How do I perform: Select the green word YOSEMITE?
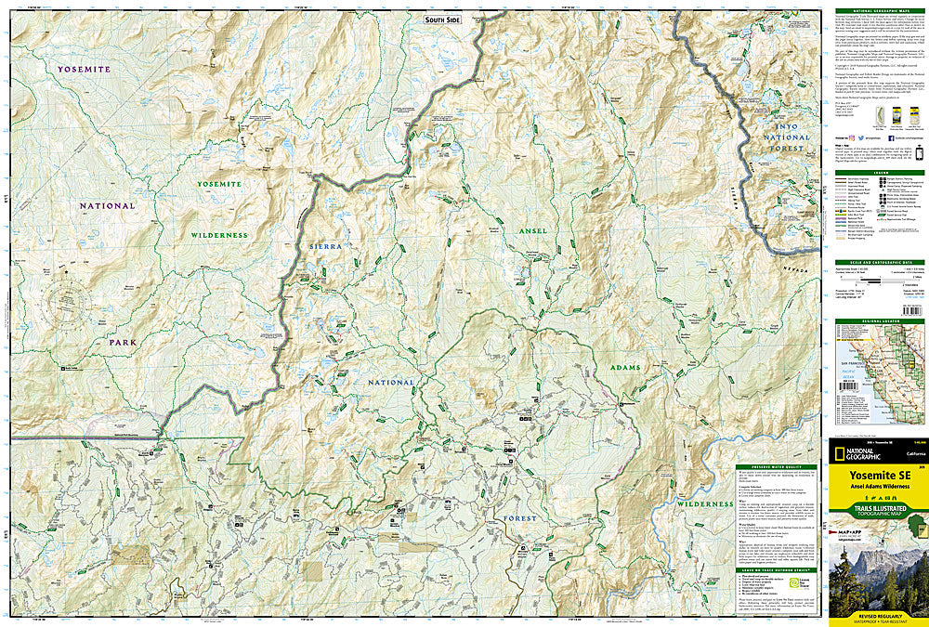pyautogui.click(x=219, y=184)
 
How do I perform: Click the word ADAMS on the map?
pyautogui.click(x=625, y=368)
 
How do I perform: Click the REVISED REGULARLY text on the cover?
pyautogui.click(x=877, y=616)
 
